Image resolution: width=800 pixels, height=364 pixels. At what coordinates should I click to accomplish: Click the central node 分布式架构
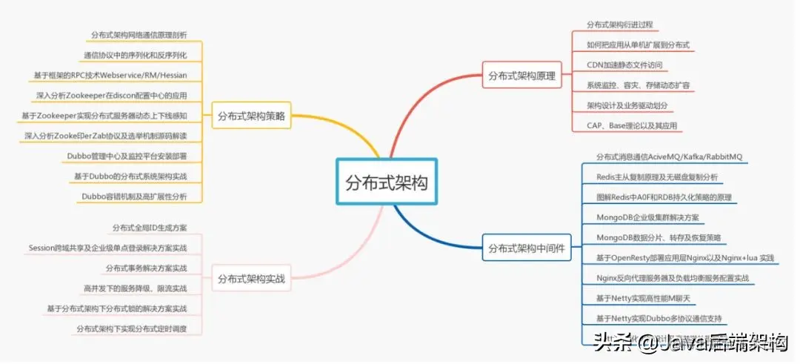point(387,182)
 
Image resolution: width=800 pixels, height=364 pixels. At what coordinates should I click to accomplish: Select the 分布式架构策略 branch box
point(252,116)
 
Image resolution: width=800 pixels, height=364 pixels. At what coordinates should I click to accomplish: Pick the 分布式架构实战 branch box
point(252,279)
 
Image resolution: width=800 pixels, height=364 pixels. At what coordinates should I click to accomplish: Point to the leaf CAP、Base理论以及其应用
point(631,126)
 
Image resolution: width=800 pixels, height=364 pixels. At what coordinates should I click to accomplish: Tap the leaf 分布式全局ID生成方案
point(150,227)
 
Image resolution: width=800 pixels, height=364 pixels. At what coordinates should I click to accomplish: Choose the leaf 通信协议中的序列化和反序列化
point(135,55)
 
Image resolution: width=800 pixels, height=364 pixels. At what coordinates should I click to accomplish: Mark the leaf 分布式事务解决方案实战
point(146,268)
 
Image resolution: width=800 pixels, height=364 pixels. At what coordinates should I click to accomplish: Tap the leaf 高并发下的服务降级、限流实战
point(136,288)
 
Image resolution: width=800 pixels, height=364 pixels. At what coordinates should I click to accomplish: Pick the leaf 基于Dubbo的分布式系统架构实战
point(130,176)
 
